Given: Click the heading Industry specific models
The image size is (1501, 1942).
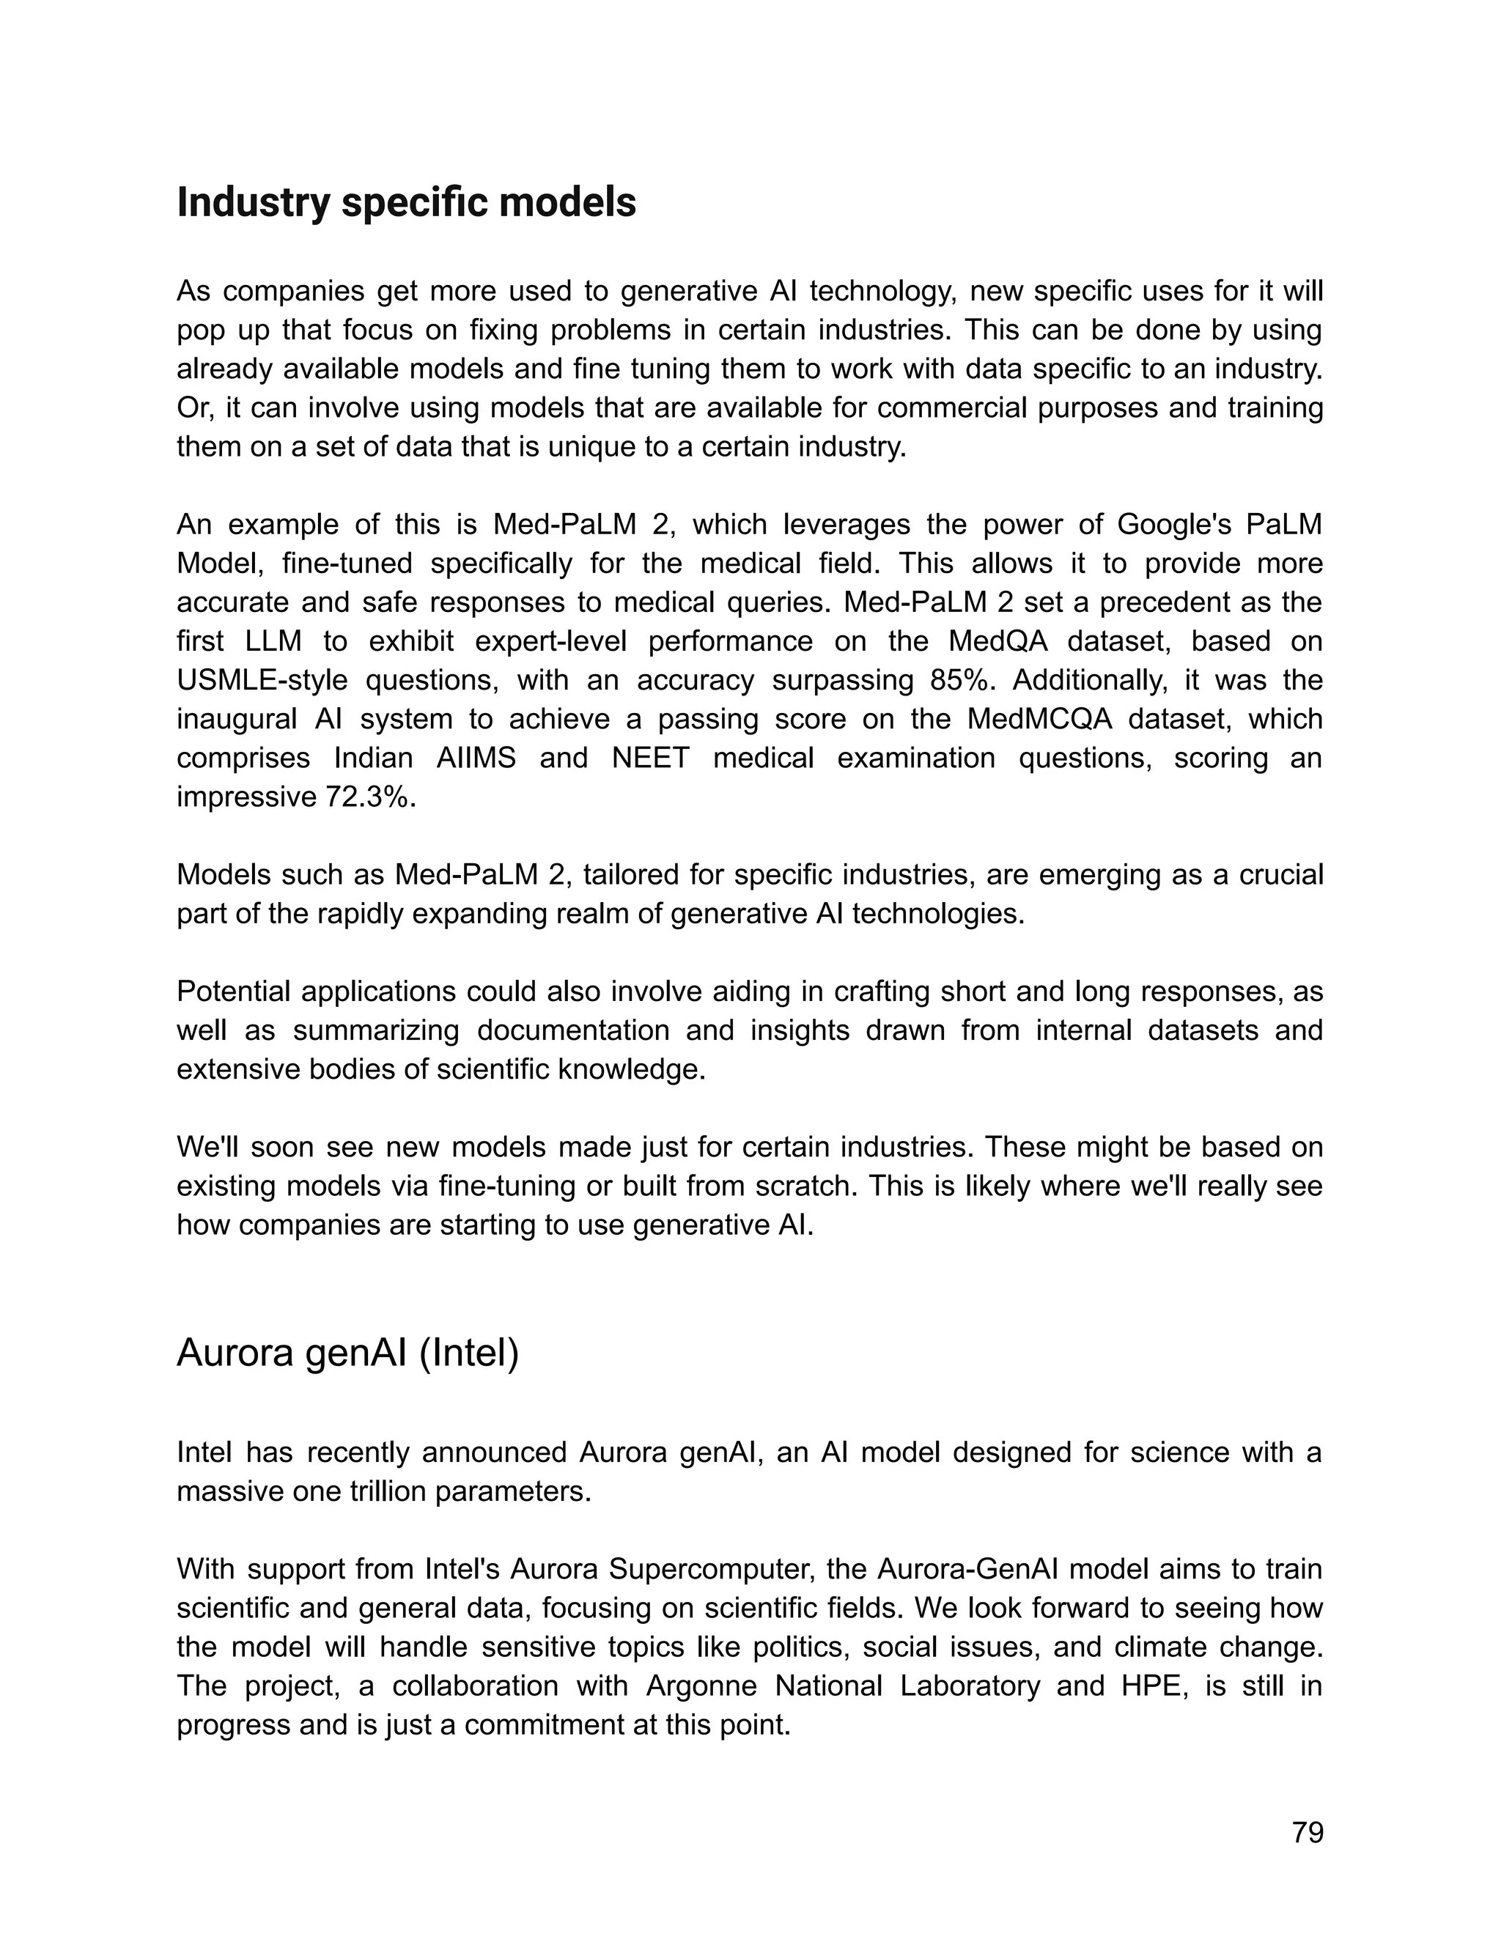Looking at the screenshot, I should tap(406, 203).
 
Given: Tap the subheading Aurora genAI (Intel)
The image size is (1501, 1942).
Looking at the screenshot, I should tap(347, 1353).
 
